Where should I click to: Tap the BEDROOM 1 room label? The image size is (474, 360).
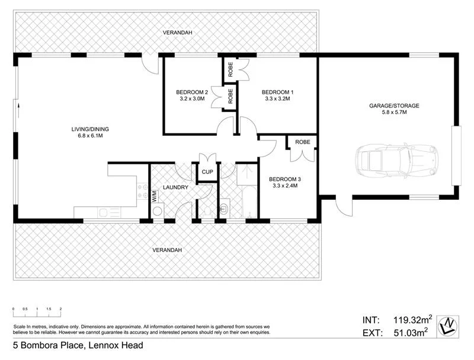coord(277,92)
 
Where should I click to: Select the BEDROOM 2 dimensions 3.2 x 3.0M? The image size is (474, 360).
coord(191,99)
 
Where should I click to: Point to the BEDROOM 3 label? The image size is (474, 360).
coord(284,179)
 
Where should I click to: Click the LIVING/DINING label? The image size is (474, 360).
coord(91,129)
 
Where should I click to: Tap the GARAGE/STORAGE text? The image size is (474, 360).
coord(394,106)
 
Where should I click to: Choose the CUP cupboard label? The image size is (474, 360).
coord(207,172)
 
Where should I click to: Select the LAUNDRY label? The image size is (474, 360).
coord(176,187)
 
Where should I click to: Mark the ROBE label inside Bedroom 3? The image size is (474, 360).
coord(303,142)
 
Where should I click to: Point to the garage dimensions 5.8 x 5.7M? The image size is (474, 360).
coord(394,113)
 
